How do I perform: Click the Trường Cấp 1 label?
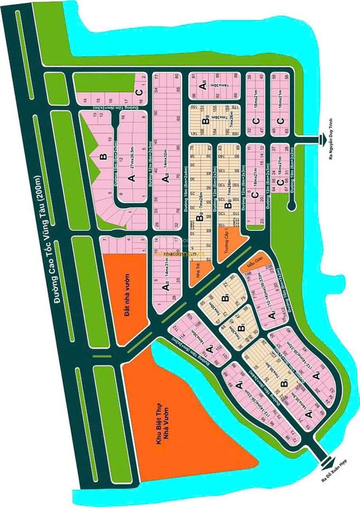(229, 245)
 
